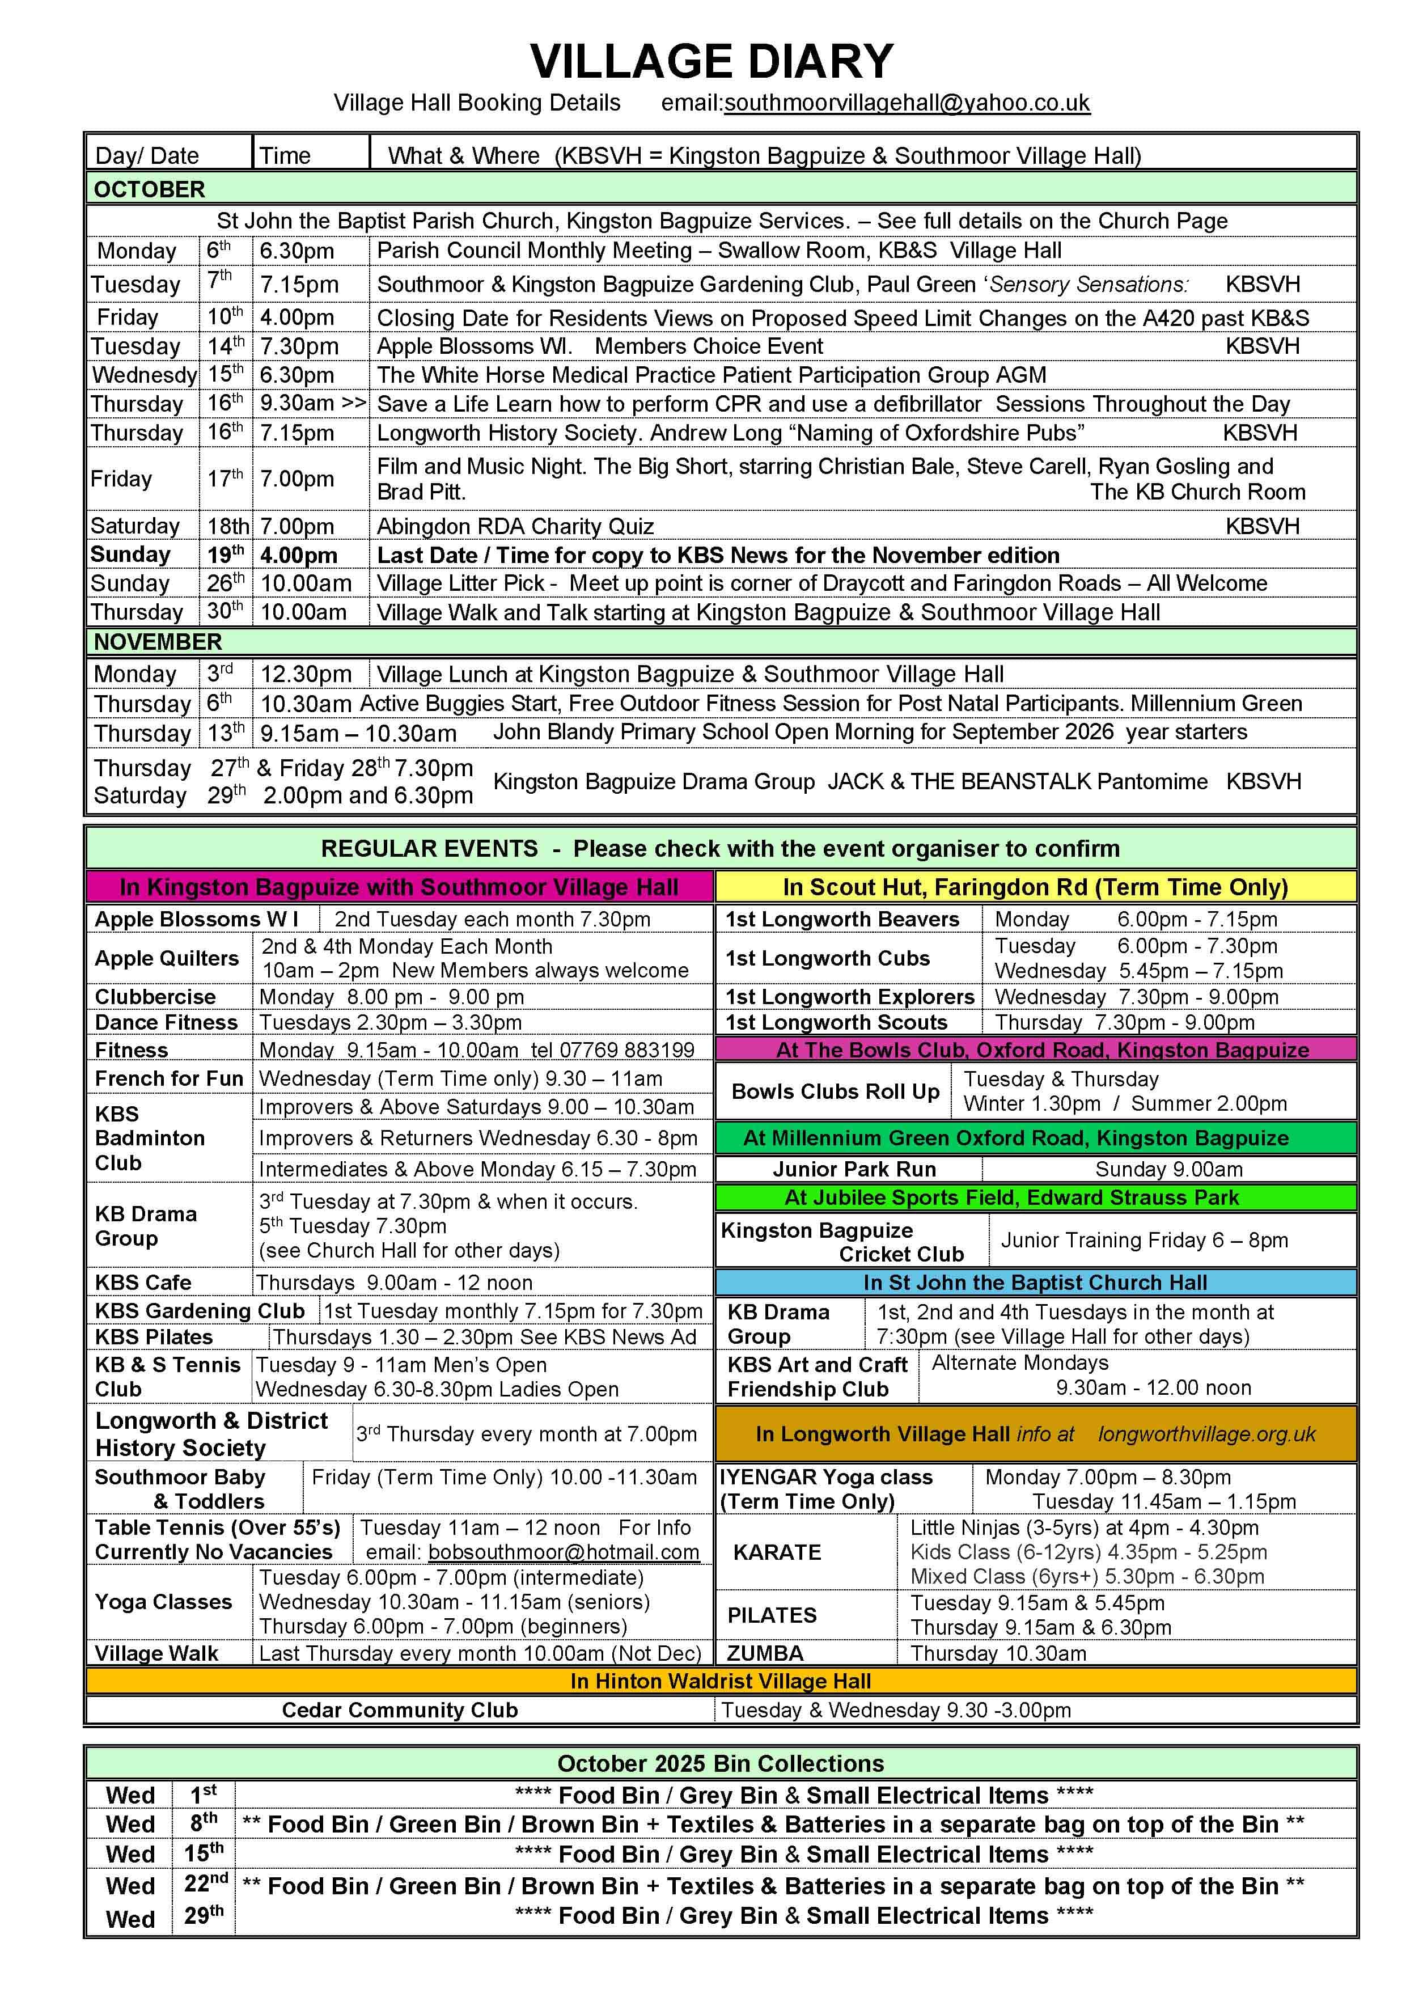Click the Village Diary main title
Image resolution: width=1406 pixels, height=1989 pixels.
coord(712,61)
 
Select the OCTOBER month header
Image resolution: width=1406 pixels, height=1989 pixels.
coord(149,189)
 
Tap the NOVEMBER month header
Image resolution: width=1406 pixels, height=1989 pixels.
coord(158,642)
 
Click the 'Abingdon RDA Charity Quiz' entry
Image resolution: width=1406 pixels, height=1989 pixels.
coord(515,526)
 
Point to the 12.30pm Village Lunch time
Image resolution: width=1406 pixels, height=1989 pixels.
coord(306,674)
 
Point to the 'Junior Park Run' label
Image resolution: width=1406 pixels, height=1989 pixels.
coord(854,1169)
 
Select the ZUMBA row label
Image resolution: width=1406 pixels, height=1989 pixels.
coord(765,1653)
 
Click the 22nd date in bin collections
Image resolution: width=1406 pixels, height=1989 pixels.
coord(205,1884)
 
